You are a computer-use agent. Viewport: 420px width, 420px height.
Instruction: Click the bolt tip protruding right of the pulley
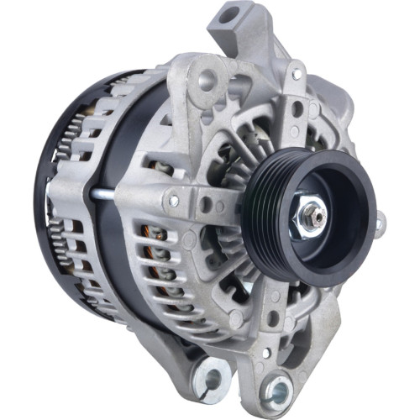[x=381, y=224]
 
